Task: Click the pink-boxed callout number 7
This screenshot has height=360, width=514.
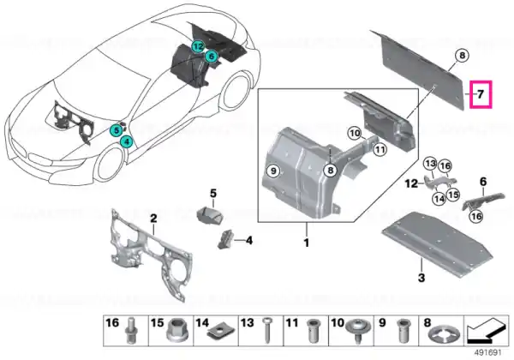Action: coord(481,94)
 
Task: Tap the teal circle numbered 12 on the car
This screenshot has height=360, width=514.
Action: coord(198,47)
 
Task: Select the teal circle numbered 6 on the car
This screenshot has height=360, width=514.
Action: coord(212,57)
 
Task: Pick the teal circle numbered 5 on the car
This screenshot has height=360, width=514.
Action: coord(117,130)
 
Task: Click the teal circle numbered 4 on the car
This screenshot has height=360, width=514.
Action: coord(127,142)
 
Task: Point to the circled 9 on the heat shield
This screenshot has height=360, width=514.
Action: coord(274,171)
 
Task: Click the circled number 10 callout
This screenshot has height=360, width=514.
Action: coord(355,134)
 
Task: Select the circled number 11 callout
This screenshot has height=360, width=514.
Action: coord(380,150)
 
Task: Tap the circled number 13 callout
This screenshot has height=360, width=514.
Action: coord(430,164)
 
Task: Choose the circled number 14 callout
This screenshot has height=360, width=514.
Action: coord(439,199)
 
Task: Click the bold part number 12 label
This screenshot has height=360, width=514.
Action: coord(411,183)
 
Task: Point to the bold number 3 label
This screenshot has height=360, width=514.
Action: coord(421,278)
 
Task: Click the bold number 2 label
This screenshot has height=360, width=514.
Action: coord(153,219)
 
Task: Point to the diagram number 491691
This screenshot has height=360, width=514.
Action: coord(488,353)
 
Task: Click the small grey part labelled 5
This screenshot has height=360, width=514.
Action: coord(210,216)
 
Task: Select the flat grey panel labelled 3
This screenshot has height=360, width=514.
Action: coord(437,245)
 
